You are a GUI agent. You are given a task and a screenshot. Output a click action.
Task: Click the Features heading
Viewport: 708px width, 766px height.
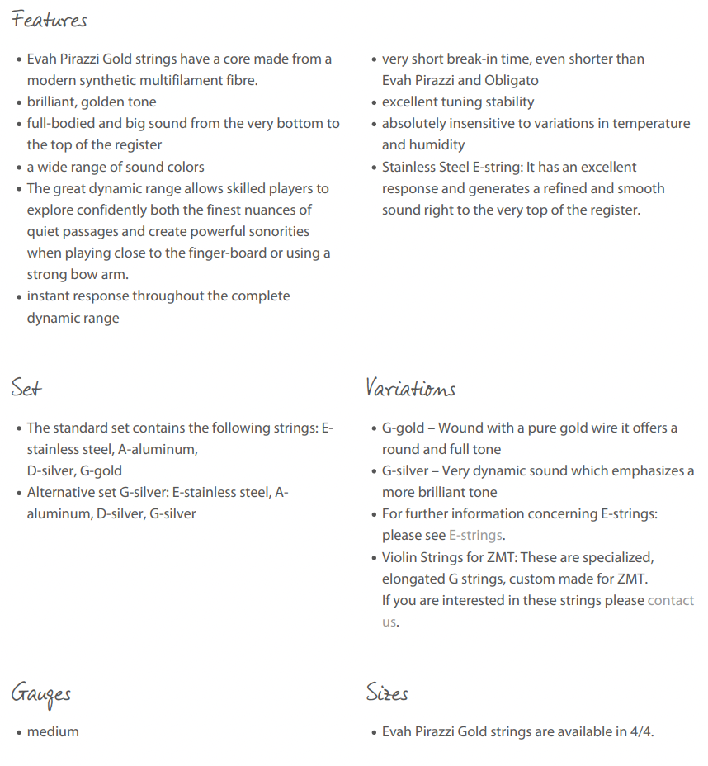tap(50, 20)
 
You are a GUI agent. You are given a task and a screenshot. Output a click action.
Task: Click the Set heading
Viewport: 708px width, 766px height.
tap(26, 387)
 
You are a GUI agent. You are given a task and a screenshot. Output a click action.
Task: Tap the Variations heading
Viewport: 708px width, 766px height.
tap(410, 387)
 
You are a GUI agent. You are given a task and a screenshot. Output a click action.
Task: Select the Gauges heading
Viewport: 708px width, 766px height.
tap(41, 693)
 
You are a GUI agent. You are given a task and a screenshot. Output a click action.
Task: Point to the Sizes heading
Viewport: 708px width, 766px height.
tap(387, 693)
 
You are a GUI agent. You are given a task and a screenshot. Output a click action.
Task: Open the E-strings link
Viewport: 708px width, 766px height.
tap(474, 536)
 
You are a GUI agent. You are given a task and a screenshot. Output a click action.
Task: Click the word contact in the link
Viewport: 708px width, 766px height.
tap(670, 600)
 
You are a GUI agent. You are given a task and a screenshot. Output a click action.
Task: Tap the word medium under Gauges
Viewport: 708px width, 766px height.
tap(53, 731)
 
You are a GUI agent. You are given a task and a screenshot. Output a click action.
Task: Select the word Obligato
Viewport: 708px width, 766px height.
tap(511, 80)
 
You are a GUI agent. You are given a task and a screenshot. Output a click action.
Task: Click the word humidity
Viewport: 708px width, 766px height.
tap(437, 144)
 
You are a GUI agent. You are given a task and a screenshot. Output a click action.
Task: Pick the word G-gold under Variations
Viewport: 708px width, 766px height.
tap(403, 428)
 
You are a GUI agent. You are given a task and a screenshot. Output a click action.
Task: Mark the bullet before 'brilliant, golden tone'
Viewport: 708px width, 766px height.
tap(19, 102)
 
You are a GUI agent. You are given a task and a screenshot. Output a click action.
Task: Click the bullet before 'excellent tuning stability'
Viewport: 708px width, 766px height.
tap(374, 102)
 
